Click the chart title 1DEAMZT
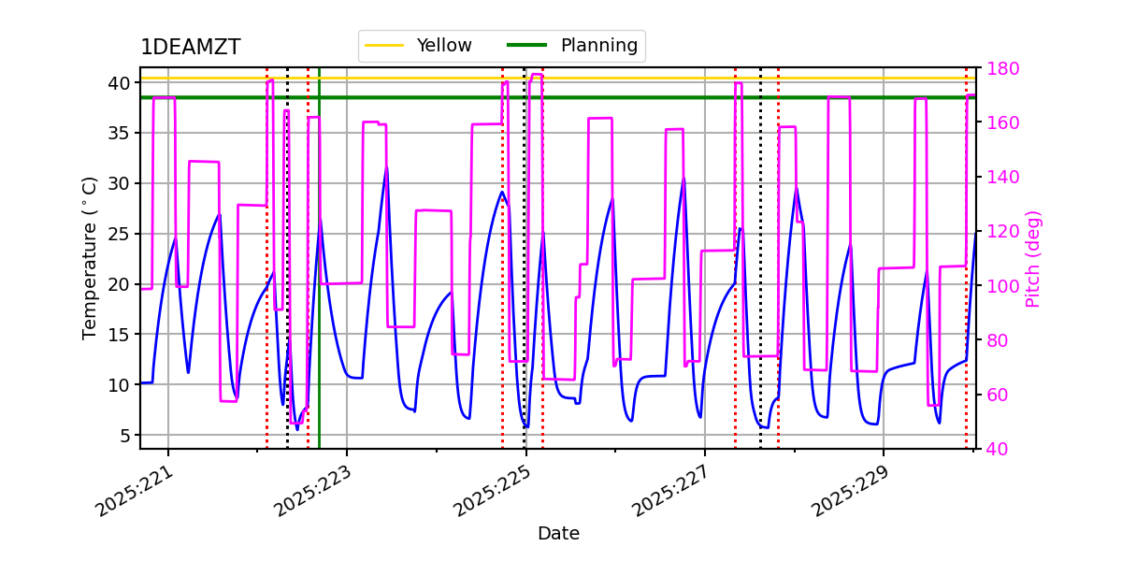tap(190, 48)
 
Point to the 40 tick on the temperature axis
tap(119, 83)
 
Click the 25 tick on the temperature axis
tap(119, 234)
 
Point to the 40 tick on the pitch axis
tap(993, 449)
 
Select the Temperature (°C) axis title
tap(90, 257)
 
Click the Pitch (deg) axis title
tap(1033, 258)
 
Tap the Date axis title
tap(558, 534)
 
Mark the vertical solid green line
tap(319, 280)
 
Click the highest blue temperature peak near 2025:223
tap(386, 169)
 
